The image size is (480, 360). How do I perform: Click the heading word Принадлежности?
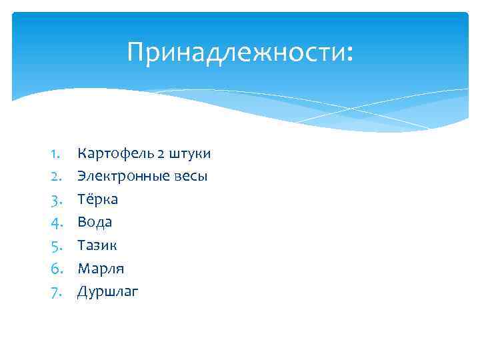coord(237,53)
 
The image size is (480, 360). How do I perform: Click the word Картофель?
coord(115,154)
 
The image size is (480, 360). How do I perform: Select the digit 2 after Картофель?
coord(161,154)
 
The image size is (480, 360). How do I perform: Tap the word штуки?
coord(190,154)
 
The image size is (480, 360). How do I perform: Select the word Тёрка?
coord(97,199)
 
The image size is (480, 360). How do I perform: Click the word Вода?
coord(95,222)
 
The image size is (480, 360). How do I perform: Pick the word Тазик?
coord(97,245)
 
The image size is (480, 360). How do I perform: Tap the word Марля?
coord(101,268)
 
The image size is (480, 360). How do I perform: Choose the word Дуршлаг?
coord(108,291)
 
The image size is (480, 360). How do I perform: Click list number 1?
coord(55,154)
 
